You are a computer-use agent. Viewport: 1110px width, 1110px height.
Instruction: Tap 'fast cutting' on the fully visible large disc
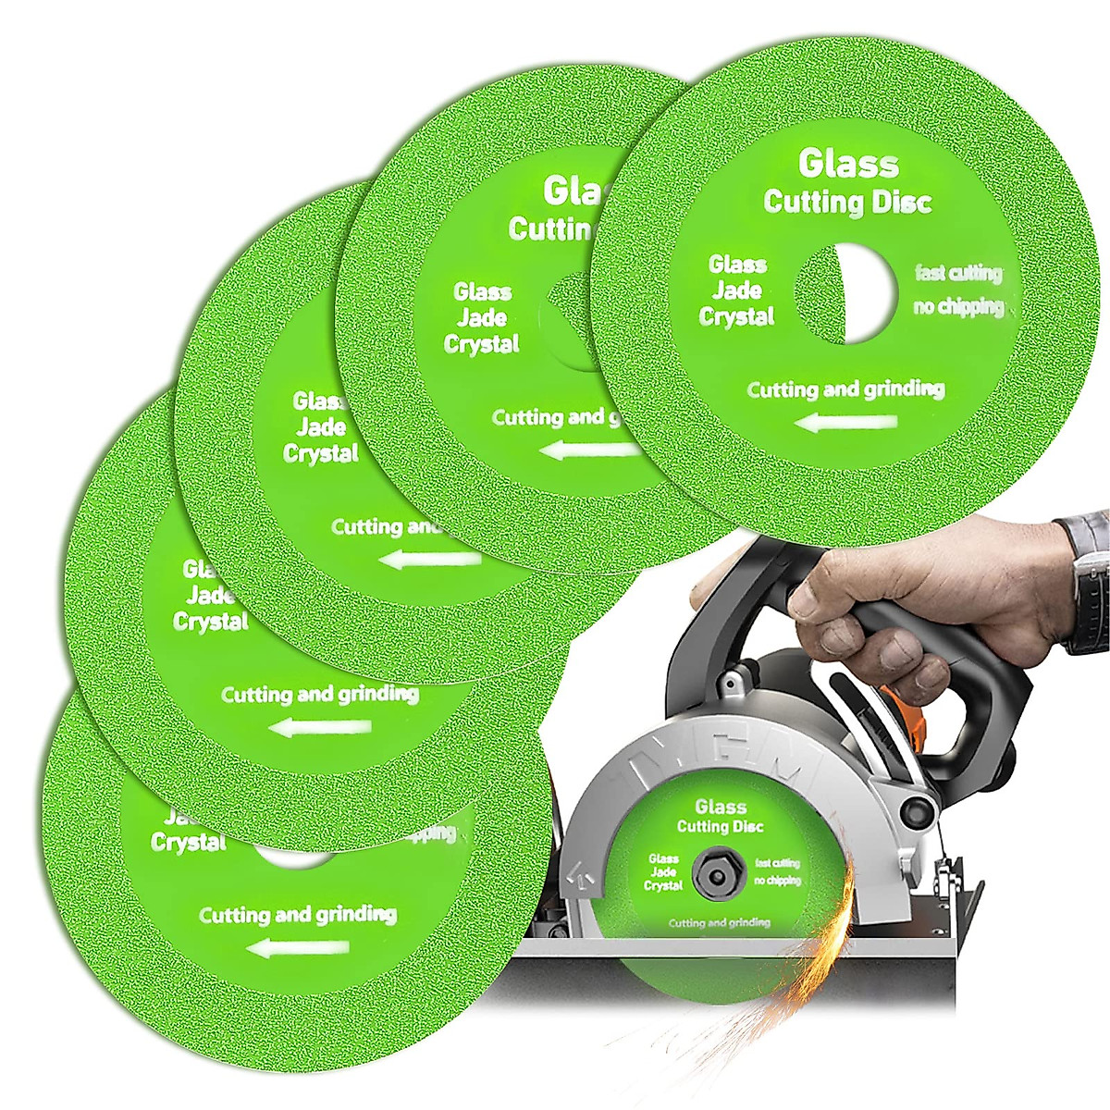coord(958,273)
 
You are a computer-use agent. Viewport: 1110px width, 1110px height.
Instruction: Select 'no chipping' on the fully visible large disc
coord(958,306)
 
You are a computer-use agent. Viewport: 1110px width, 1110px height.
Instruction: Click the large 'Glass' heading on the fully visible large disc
coord(848,164)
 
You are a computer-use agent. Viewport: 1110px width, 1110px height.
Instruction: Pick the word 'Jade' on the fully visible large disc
coord(737,290)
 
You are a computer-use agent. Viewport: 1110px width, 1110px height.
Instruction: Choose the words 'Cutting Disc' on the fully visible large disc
coord(847,202)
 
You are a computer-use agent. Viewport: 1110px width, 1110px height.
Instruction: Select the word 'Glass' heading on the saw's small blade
coord(721,807)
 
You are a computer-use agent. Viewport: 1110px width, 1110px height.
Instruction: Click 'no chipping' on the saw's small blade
coord(777,881)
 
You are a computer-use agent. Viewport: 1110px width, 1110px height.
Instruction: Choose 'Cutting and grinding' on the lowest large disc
coord(298,915)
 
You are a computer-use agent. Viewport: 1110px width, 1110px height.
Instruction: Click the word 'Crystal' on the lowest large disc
coord(188,843)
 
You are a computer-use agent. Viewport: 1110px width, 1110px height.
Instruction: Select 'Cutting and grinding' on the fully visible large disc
coord(845,389)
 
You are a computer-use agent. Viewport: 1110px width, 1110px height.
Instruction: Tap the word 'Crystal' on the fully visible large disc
coord(736,317)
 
